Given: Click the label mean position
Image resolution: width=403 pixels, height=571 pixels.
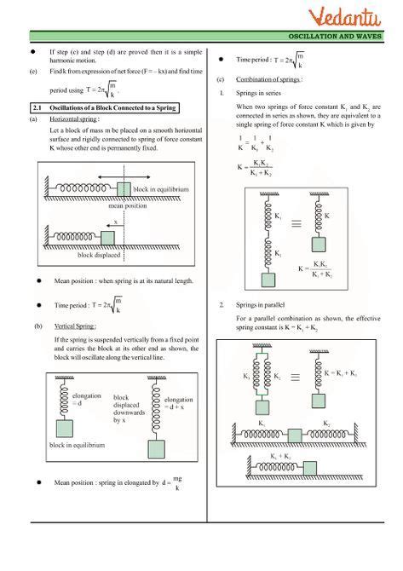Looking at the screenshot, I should click(x=128, y=206).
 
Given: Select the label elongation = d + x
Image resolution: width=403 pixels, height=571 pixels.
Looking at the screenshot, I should click(x=178, y=403).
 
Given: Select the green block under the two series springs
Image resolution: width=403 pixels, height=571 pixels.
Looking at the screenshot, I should click(x=268, y=279).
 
